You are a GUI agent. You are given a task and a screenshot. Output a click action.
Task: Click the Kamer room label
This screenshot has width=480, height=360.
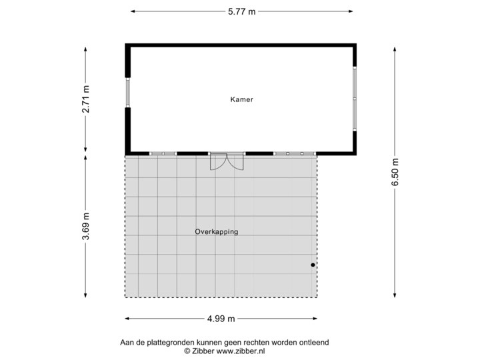[241, 99]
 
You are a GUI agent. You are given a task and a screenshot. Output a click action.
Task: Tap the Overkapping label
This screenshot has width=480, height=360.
[216, 232]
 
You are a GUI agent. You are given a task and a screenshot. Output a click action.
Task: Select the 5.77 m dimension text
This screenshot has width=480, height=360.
[241, 11]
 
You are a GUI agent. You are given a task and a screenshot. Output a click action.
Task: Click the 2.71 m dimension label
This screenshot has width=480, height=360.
[85, 101]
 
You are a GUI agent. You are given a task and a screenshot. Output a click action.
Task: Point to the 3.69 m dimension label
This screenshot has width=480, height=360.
[85, 227]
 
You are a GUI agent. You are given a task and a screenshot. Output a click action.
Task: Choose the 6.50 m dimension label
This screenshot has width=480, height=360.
[395, 173]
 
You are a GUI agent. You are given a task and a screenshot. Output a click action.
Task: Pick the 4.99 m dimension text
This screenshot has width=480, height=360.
[221, 319]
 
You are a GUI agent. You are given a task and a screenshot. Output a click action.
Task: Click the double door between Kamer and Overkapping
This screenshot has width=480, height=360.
[227, 161]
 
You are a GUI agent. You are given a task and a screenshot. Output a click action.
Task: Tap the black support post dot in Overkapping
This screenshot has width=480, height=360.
[313, 265]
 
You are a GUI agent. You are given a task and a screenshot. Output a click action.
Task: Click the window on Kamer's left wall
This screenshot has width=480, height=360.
[127, 93]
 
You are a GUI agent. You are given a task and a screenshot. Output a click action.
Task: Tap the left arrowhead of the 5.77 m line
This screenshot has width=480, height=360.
[132, 11]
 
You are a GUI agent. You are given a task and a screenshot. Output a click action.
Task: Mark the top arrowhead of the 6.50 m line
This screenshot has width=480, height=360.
[395, 47]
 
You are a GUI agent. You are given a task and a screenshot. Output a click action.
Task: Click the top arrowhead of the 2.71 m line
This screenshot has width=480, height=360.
[85, 47]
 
